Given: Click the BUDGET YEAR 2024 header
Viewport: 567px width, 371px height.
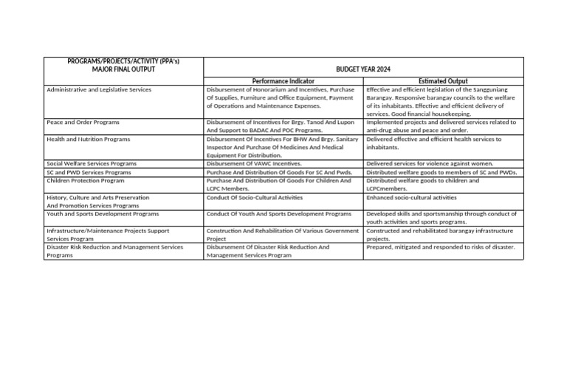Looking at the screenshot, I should pos(362,69).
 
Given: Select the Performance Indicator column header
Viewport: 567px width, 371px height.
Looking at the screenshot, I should pos(283,81).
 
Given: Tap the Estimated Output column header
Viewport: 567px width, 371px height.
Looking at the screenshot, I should pos(443,81).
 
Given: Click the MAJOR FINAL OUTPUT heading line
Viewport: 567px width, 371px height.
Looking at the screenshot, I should pos(123,69).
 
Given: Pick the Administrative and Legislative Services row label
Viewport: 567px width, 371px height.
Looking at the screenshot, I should pos(99,89).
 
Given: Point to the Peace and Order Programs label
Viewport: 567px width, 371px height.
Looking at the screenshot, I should pos(83,122).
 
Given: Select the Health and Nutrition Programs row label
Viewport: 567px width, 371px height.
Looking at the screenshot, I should pos(88,139).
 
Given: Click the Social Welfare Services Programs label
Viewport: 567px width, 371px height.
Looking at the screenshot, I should pos(92,164).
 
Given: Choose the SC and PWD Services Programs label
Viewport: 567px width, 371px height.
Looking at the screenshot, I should pos(89,172).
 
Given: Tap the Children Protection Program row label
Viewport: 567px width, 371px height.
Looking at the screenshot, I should pos(86,180).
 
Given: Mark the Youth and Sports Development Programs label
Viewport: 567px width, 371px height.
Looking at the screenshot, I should pos(103,214).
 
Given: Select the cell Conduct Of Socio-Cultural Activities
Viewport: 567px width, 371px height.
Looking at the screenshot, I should pos(255,198).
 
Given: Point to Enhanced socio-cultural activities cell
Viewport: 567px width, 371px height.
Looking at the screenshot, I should pos(411,198).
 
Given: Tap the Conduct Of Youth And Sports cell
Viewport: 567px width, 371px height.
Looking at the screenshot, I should pos(279,214).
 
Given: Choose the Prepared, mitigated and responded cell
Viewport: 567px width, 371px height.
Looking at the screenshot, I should pos(441,247).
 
